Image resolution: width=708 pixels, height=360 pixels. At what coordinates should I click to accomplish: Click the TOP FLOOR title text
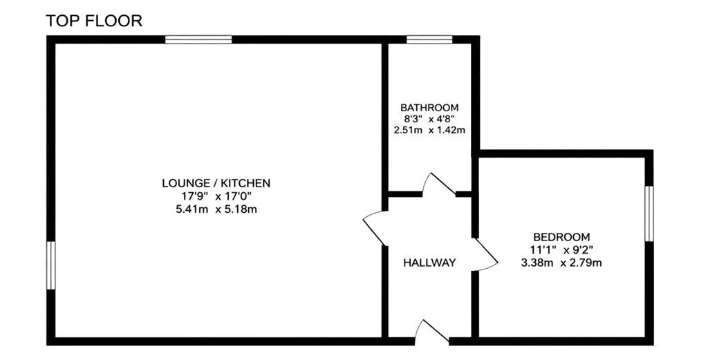(94, 21)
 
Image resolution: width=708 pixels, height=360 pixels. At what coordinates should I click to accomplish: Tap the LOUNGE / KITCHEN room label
(216, 183)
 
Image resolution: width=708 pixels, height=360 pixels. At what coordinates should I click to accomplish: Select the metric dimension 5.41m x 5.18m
(216, 209)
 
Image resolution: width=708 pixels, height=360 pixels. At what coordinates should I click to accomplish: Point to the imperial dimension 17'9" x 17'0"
(216, 196)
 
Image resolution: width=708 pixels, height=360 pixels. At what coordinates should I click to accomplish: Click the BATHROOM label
(429, 108)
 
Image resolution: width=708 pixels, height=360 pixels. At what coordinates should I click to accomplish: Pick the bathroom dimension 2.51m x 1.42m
(429, 131)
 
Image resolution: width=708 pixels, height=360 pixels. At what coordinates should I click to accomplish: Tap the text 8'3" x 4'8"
(429, 120)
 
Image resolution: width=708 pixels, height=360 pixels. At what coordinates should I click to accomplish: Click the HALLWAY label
(429, 263)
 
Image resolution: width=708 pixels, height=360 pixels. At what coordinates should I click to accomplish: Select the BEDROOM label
(561, 237)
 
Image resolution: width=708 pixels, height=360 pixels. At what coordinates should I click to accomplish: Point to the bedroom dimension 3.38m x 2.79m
(561, 263)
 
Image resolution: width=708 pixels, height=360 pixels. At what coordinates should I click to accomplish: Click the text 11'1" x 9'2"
(561, 250)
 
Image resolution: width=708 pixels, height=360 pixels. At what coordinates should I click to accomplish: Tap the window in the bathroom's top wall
(429, 39)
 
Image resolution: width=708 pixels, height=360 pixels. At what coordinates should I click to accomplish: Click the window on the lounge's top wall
(198, 39)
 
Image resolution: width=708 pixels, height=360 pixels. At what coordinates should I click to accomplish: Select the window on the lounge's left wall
(51, 265)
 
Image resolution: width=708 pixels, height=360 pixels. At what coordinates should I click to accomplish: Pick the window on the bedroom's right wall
(649, 214)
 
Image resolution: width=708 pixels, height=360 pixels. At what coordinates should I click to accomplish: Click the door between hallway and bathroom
(439, 184)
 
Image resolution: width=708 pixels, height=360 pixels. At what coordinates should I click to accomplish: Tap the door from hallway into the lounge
(375, 227)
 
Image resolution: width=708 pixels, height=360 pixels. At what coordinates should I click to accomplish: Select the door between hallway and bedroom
(485, 254)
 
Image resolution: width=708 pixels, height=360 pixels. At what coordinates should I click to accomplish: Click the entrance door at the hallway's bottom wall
(432, 332)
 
